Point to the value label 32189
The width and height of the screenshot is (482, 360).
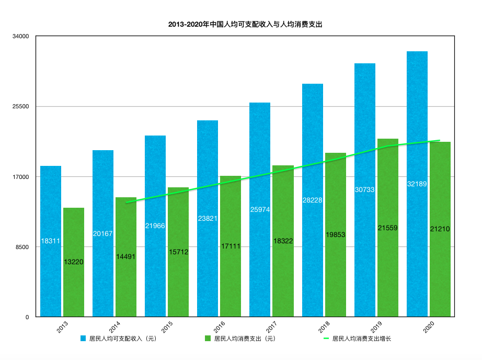click(x=417, y=184)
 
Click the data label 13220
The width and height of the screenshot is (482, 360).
click(x=74, y=262)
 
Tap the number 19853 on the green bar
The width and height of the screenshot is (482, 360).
click(x=335, y=235)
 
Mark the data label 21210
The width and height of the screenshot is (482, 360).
click(x=440, y=229)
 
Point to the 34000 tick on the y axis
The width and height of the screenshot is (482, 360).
click(x=21, y=37)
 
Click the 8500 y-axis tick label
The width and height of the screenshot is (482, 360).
click(x=22, y=247)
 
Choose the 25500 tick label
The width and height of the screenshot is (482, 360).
click(x=21, y=107)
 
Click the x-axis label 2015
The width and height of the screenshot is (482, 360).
click(x=167, y=328)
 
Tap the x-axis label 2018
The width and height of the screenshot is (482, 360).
click(x=324, y=328)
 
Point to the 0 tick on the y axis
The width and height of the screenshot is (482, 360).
click(x=26, y=317)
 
